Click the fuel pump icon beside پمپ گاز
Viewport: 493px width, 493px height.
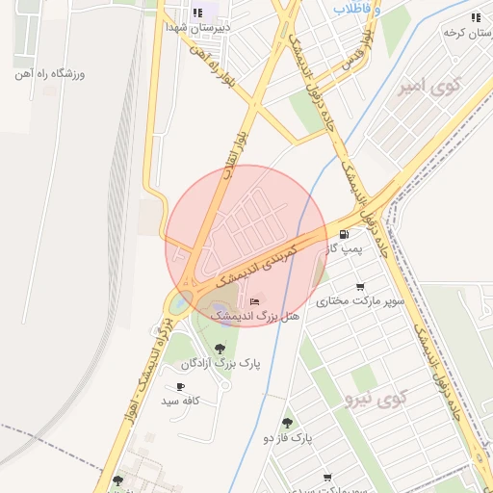[345, 234]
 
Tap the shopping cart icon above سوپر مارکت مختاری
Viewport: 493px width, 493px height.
[360, 287]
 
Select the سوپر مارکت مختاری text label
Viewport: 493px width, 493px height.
[364, 300]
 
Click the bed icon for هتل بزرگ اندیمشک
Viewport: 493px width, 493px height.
[254, 302]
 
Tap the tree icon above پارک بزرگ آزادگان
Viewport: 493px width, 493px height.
[221, 349]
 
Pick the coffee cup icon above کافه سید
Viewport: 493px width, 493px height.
[181, 386]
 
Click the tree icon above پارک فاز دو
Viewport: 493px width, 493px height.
[287, 423]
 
